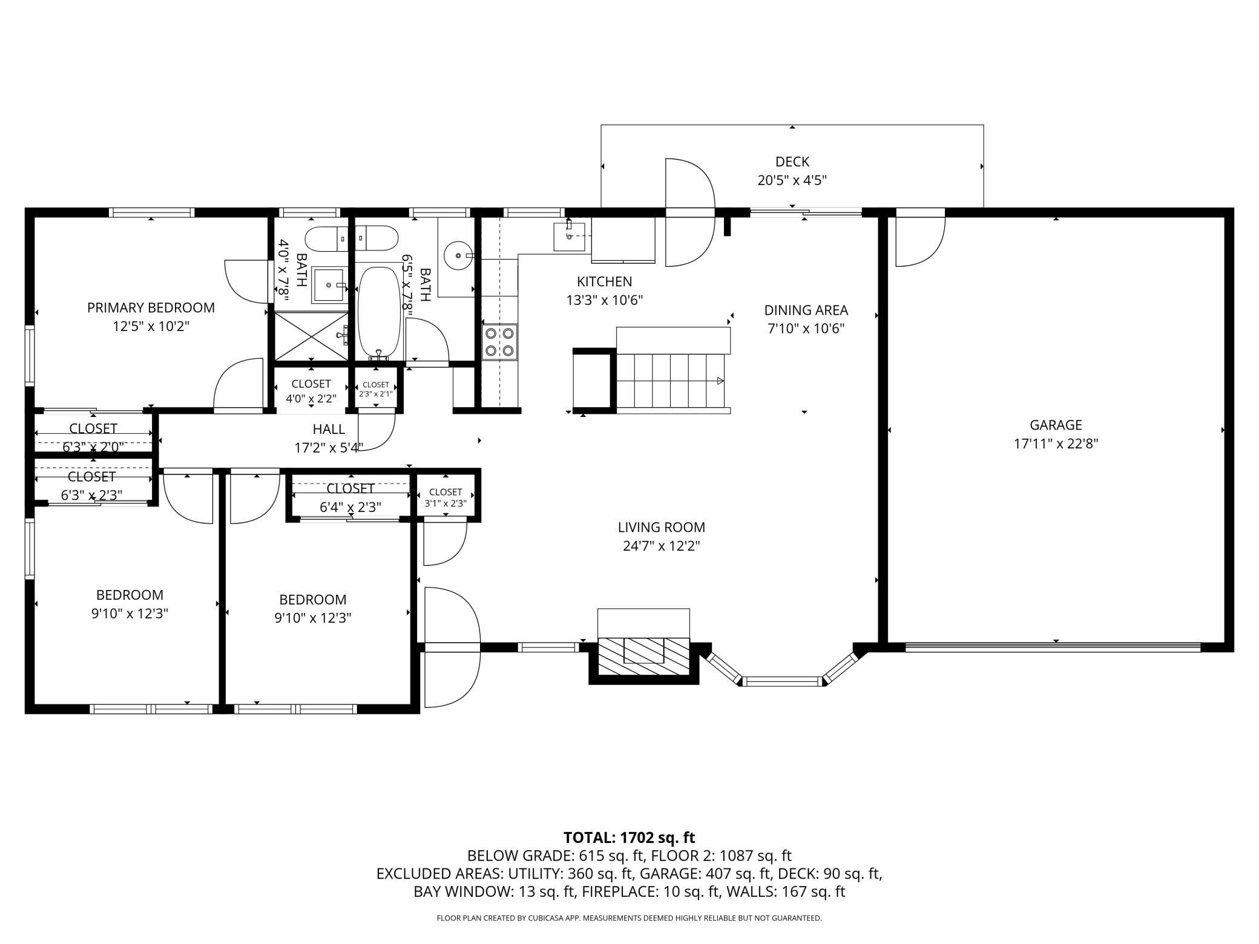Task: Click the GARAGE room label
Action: click(x=1056, y=425)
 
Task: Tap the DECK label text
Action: click(x=792, y=162)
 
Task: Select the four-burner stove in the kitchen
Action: click(x=500, y=342)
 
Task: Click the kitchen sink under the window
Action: click(x=569, y=236)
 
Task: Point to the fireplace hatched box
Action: click(x=644, y=655)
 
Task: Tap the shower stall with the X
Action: click(x=312, y=336)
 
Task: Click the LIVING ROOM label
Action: click(x=662, y=527)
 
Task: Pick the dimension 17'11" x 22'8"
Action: click(x=1056, y=444)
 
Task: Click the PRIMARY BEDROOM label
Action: click(x=151, y=307)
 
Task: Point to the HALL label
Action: click(x=329, y=429)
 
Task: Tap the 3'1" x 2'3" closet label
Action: click(x=445, y=503)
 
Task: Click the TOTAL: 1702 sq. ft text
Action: click(x=629, y=837)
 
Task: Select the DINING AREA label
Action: click(x=806, y=310)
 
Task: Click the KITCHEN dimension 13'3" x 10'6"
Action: click(x=604, y=300)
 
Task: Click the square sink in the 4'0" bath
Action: click(x=330, y=284)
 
